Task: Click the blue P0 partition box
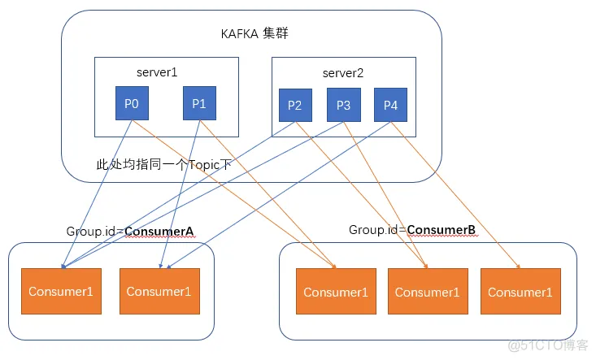tap(132, 103)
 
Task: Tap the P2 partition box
tap(294, 106)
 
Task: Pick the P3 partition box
tap(343, 106)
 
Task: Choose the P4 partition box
tap(390, 106)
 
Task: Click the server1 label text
tap(157, 72)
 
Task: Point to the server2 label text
tap(342, 73)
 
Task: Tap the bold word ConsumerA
tap(159, 232)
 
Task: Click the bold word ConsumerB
tap(442, 230)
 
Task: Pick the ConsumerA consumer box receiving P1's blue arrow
tap(159, 292)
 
